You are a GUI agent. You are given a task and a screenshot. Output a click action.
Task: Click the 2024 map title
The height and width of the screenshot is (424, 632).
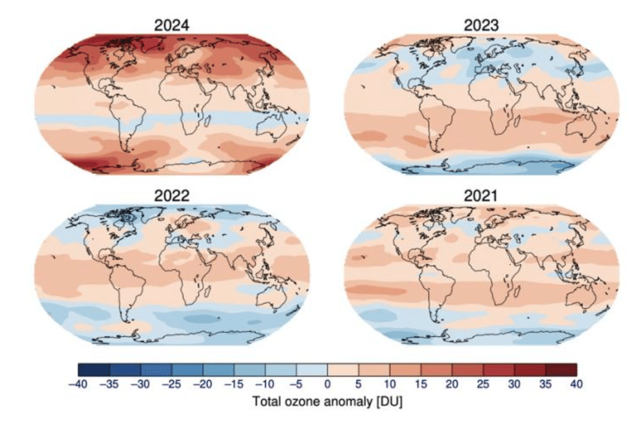point(172,25)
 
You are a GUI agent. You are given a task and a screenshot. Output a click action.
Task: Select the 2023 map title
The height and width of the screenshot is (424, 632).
point(481,25)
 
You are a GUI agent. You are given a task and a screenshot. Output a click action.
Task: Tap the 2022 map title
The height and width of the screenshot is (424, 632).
point(172,196)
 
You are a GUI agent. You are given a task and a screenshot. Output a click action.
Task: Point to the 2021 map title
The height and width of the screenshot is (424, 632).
point(481,196)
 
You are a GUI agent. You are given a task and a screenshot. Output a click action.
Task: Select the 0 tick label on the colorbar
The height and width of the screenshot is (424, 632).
point(328,384)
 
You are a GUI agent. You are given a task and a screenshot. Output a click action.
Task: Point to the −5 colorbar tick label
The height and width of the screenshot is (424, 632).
point(296,384)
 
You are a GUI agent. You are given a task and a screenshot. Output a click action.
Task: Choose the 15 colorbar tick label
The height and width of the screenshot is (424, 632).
point(421,384)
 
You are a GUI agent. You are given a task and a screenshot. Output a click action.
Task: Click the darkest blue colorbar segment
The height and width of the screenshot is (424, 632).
point(94,370)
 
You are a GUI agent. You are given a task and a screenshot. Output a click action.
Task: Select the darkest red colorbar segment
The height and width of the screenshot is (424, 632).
point(561,370)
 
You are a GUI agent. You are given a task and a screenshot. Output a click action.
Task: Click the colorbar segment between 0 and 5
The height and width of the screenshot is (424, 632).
point(343,370)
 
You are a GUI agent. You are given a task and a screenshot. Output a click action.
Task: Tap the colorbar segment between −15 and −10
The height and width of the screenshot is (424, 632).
point(250,370)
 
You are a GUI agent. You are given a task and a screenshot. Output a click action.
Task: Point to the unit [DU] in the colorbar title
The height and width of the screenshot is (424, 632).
point(388,401)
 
